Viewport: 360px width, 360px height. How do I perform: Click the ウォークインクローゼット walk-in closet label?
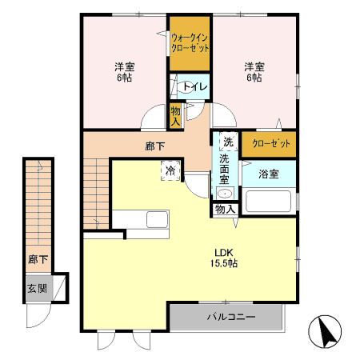(190, 42)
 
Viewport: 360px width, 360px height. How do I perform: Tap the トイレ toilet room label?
(194, 86)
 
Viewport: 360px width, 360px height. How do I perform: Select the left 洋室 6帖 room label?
(122, 73)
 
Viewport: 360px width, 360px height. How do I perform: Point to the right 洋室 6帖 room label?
(254, 73)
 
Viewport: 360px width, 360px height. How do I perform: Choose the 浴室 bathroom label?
(268, 174)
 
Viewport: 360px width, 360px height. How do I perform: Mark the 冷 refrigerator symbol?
(170, 170)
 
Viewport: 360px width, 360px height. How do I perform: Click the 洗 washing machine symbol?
(227, 142)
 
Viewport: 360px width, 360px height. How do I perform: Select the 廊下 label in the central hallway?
(155, 146)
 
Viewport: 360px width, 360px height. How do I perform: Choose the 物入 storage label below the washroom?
(225, 209)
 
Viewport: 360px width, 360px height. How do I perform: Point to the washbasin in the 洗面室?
(225, 194)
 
